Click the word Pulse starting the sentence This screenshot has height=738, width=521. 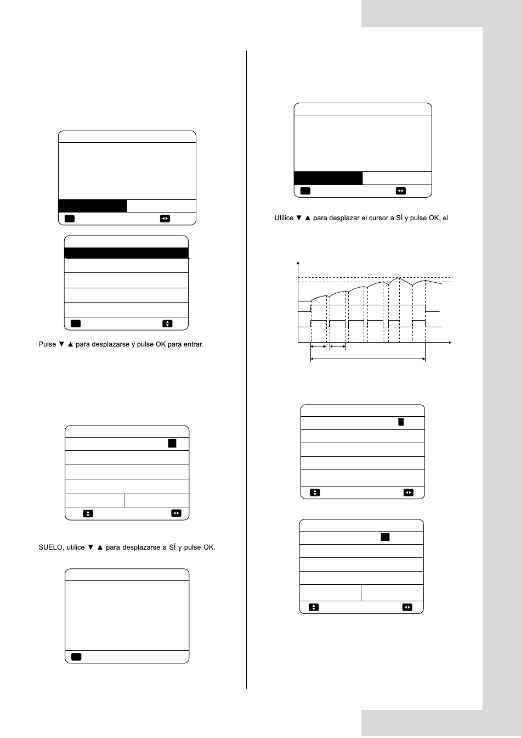tap(47, 344)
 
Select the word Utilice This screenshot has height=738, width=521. tap(284, 218)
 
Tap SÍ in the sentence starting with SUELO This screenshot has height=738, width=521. tap(172, 547)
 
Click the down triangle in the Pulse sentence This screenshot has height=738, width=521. tap(61, 344)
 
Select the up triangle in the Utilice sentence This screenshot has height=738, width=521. tap(308, 218)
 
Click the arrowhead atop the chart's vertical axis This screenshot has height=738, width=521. tap(298, 263)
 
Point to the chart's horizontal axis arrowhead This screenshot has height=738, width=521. tap(450, 343)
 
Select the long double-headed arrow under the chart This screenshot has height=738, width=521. tap(368, 359)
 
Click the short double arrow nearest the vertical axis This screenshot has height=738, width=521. tap(318, 346)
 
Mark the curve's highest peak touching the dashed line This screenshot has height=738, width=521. tap(400, 278)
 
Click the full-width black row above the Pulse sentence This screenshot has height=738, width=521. tap(126, 253)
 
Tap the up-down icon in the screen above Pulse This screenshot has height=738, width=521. tap(167, 323)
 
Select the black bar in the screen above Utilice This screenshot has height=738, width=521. tap(328, 178)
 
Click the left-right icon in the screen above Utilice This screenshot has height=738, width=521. tap(400, 191)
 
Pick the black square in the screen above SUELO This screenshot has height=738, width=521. tap(172, 444)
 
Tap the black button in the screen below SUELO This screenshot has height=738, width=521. tap(76, 657)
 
